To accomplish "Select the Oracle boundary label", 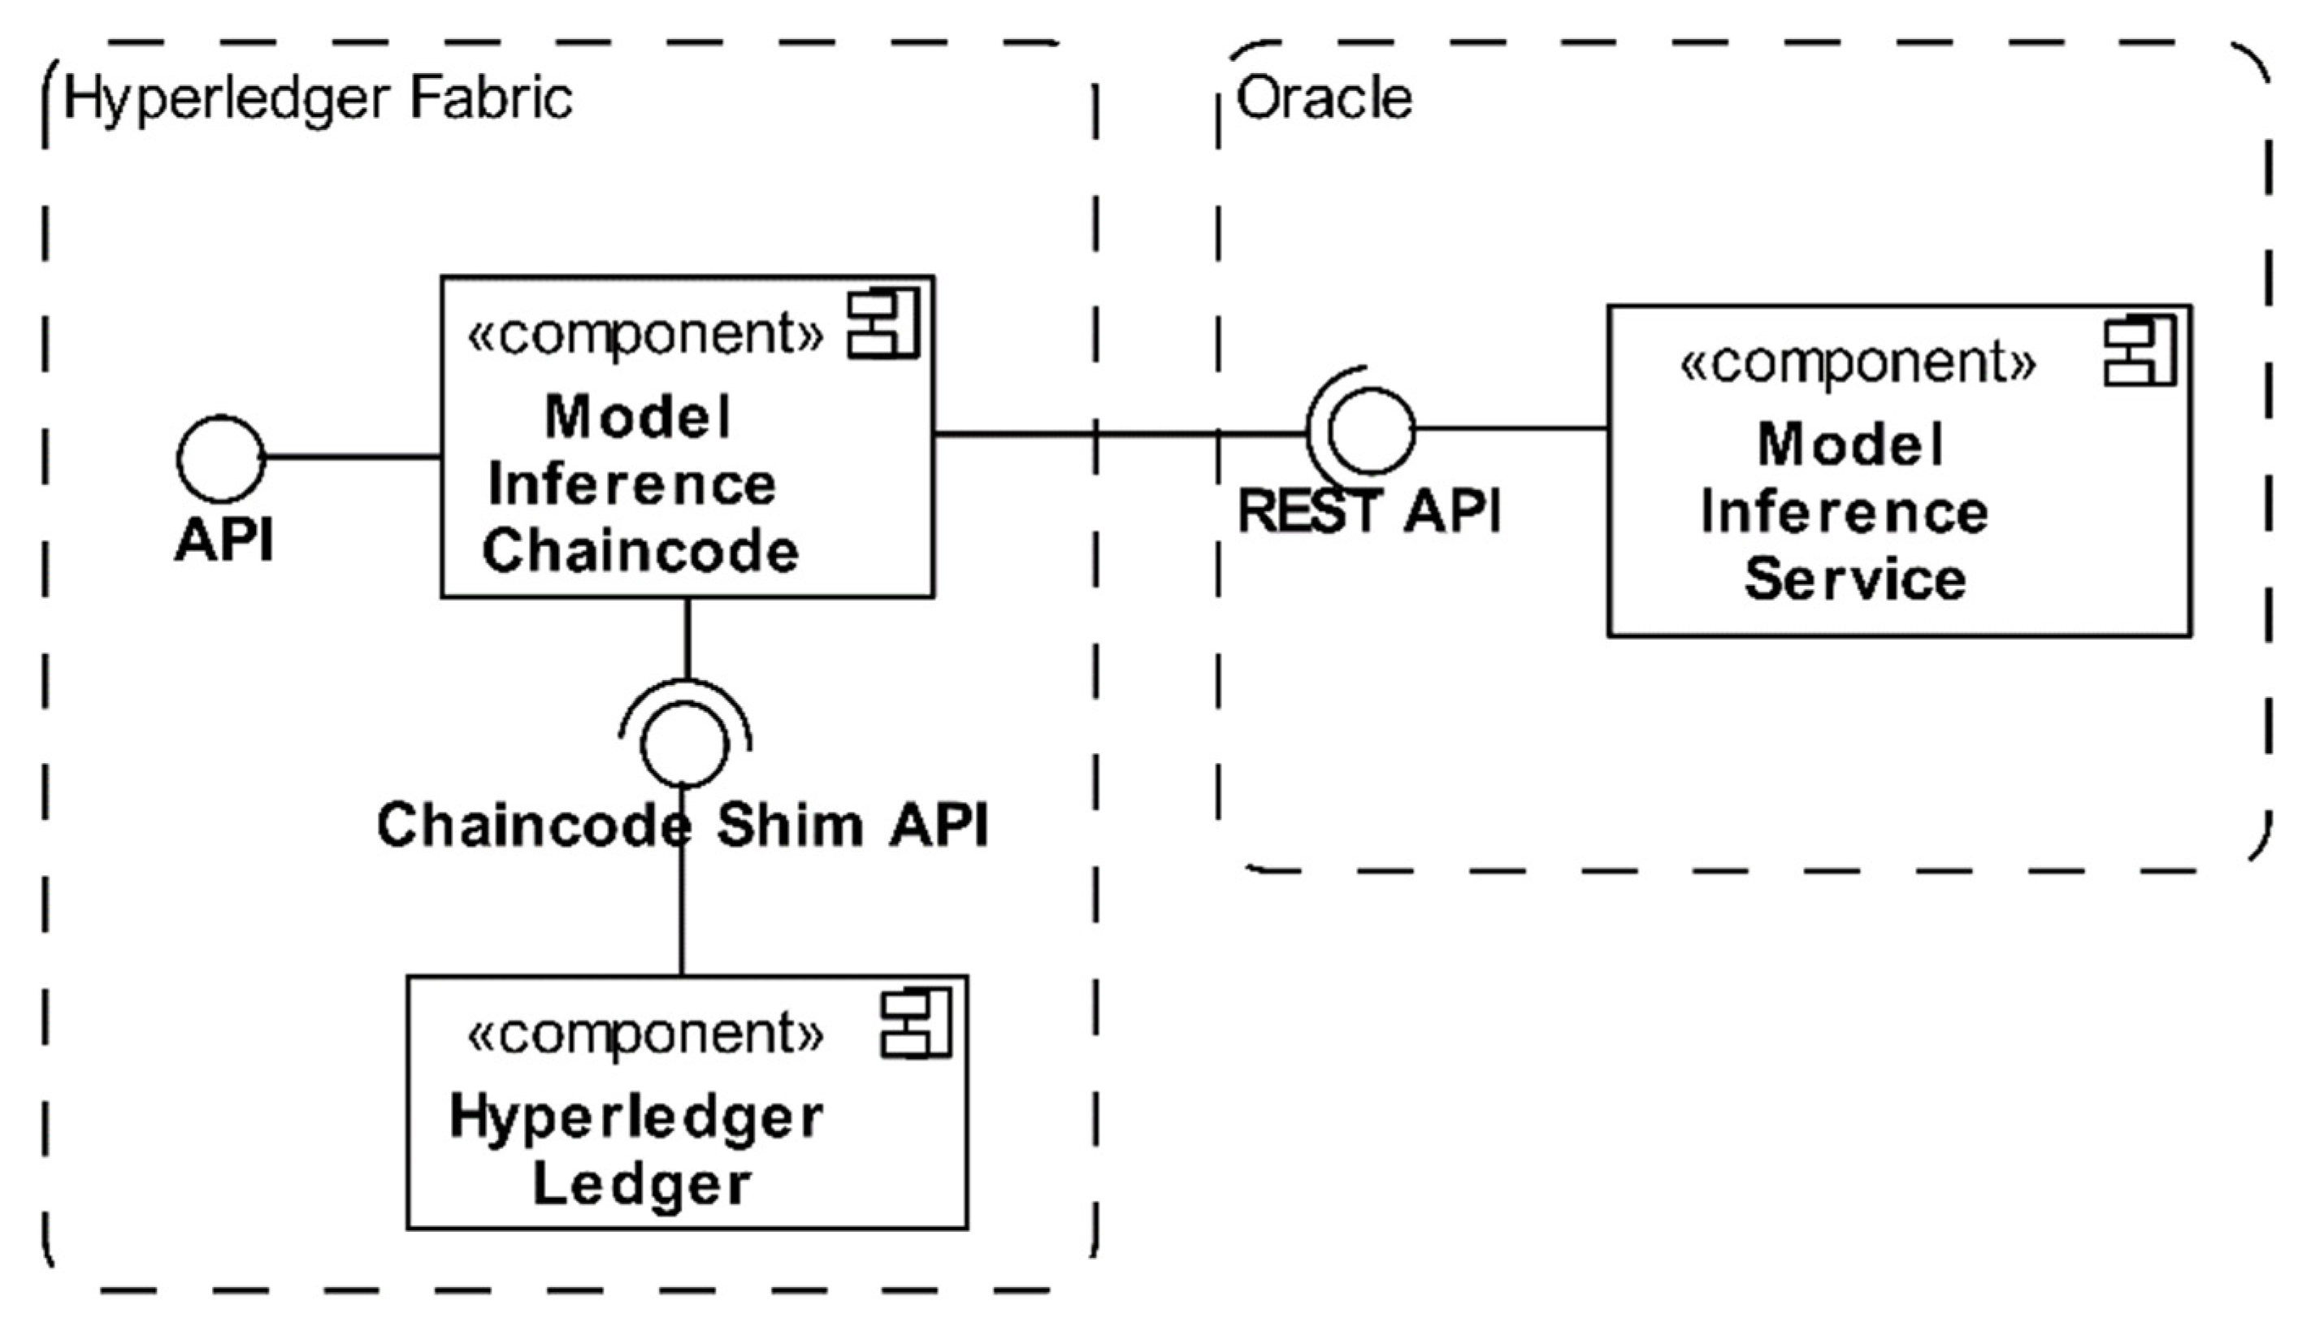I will click(1323, 98).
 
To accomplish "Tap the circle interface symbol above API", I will click(220, 458).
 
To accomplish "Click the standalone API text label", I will click(224, 541).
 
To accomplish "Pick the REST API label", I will click(1369, 511).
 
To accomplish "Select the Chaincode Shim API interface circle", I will click(684, 744).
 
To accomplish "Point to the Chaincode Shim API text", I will click(682, 826).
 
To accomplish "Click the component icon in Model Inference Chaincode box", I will click(882, 324).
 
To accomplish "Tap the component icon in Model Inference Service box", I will click(2139, 352).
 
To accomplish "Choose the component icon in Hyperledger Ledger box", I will click(914, 1025).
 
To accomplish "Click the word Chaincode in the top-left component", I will click(640, 553).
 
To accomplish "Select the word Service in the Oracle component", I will click(1854, 580).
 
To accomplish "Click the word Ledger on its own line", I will click(642, 1184).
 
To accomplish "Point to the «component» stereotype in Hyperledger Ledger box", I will click(645, 1034).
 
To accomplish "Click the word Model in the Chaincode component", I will click(638, 418).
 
